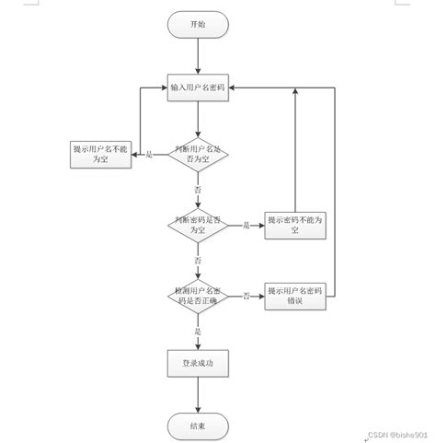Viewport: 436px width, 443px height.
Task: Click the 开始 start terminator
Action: [x=198, y=25]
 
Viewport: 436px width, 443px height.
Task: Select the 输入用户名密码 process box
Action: [x=198, y=88]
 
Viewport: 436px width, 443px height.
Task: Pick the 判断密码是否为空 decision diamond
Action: [x=198, y=225]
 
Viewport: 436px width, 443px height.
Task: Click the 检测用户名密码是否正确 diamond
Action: [x=198, y=296]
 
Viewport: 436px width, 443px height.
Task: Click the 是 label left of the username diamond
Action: [x=150, y=153]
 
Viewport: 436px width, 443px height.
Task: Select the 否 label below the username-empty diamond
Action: [x=198, y=189]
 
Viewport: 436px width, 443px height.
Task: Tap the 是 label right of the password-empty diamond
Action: [x=247, y=226]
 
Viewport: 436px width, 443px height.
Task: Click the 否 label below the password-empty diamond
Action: [x=198, y=262]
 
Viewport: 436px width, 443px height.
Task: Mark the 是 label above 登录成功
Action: [x=198, y=331]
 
